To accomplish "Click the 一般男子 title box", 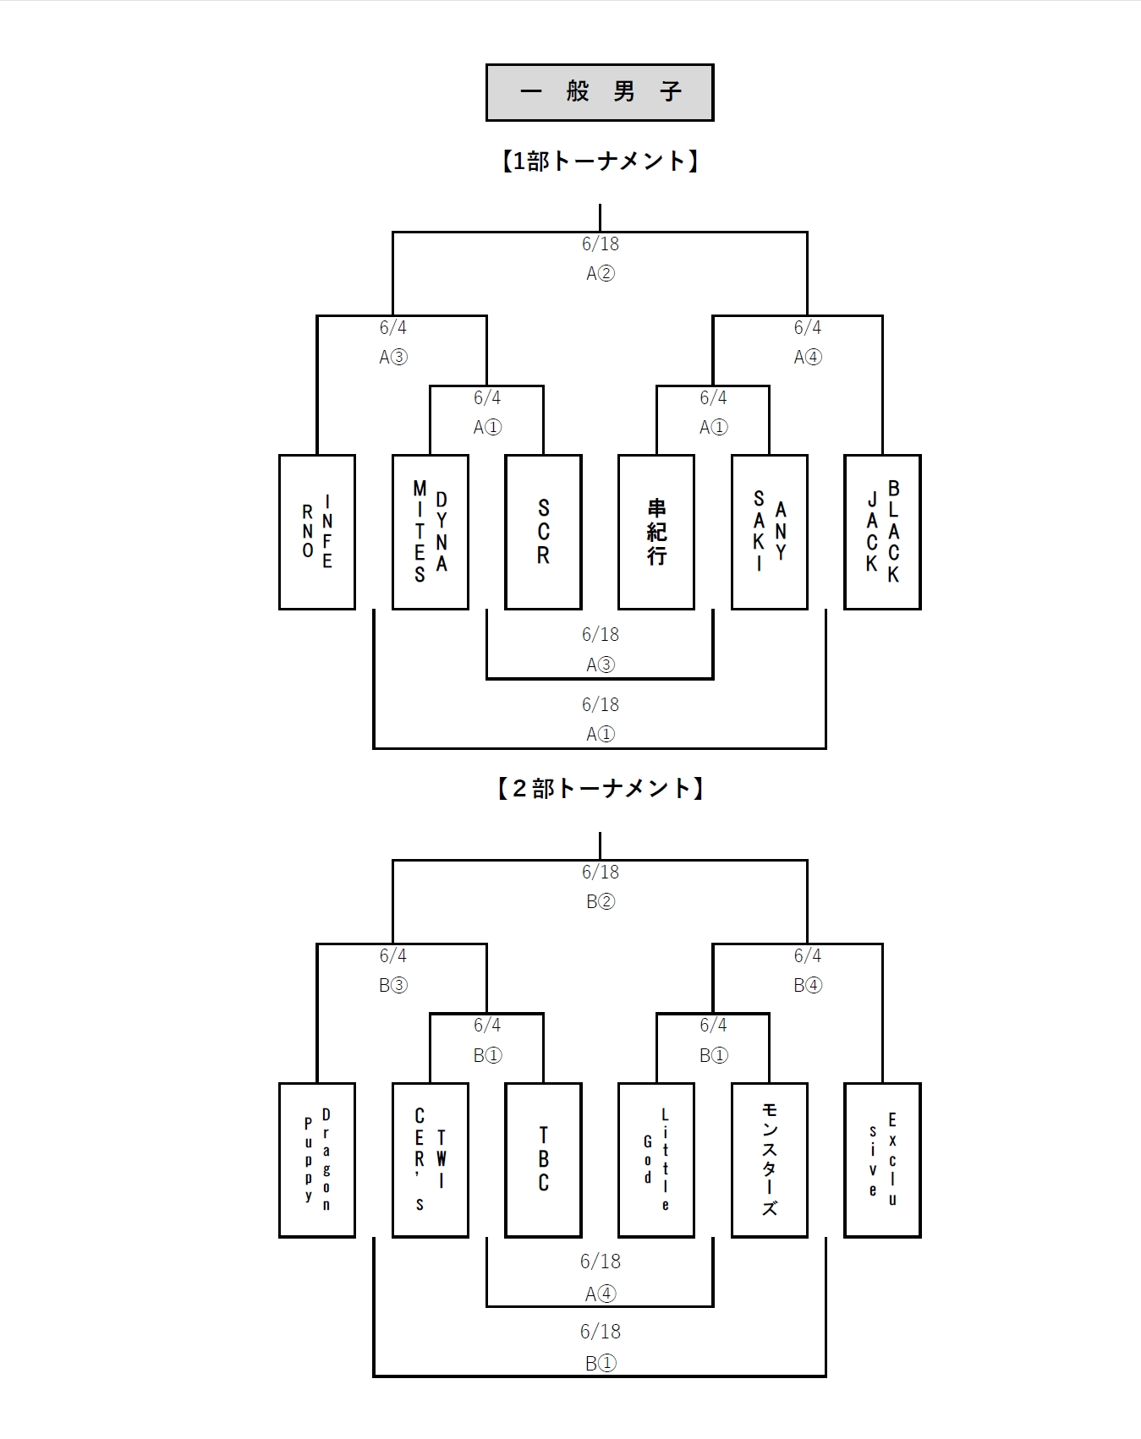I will [600, 92].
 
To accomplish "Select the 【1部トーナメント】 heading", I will [600, 161].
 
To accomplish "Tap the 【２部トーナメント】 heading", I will [600, 789].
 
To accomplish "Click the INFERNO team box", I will [317, 532].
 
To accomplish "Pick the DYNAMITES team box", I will [431, 532].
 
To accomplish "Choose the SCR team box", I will [543, 532].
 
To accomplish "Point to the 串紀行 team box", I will [656, 532].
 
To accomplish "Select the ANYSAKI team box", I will [770, 532].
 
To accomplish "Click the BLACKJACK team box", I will [882, 532].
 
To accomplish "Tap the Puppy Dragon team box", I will [317, 1160].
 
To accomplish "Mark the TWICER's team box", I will [431, 1160].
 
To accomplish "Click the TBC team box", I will [543, 1160].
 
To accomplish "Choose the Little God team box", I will [656, 1160].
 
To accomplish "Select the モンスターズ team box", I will [770, 1160].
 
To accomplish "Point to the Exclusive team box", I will [882, 1160].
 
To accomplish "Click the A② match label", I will [601, 273].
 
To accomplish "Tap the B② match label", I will [601, 901].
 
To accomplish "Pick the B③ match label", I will [393, 985].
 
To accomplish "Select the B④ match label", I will [808, 985].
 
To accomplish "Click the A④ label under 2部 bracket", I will [601, 1294].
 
